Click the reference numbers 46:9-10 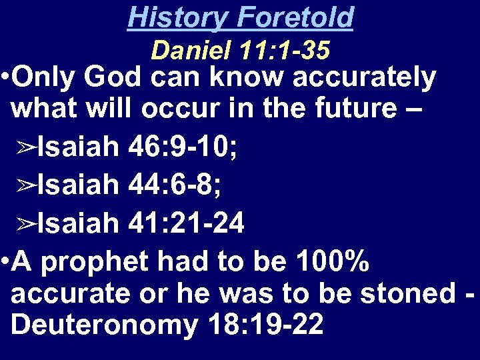pyautogui.click(x=183, y=147)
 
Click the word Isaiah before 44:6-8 pyautogui.click(x=77, y=185)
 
